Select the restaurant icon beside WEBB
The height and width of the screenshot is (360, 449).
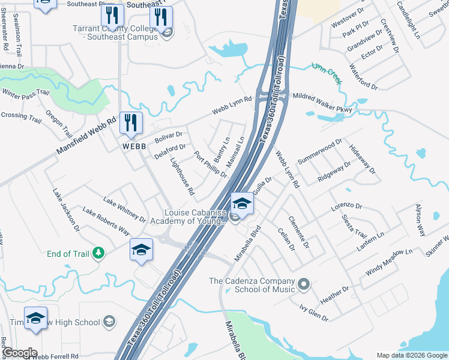[130, 124]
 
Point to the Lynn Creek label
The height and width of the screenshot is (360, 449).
[326, 71]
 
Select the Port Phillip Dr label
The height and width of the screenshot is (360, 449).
[211, 164]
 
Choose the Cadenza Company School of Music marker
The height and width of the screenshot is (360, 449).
[304, 283]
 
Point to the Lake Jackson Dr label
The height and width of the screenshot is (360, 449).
[66, 209]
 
